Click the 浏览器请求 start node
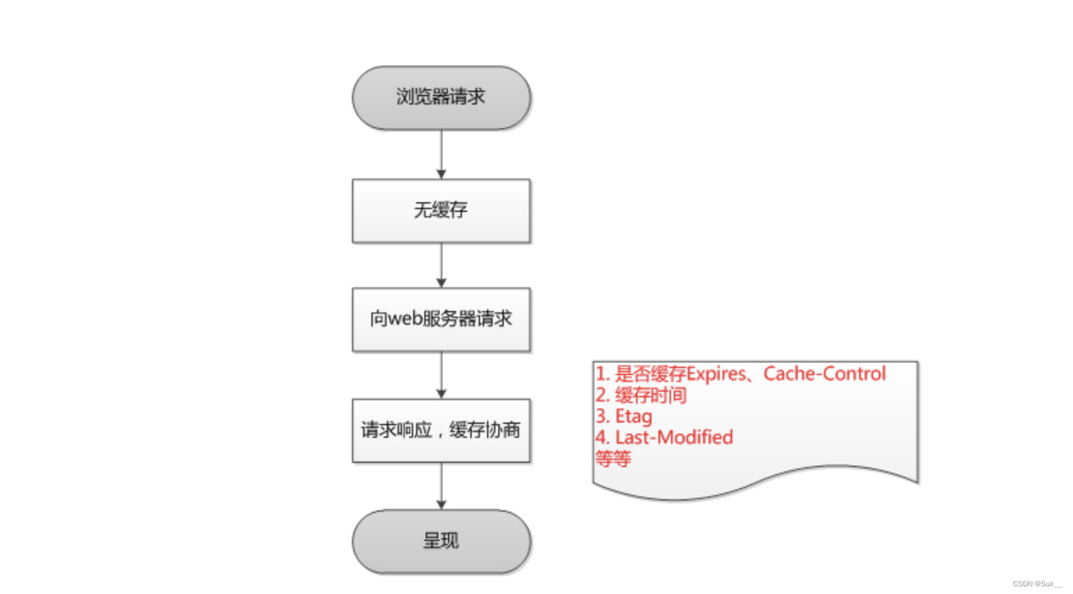click(x=441, y=98)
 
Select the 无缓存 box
click(x=441, y=211)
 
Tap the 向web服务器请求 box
click(x=441, y=319)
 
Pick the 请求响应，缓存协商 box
click(x=441, y=430)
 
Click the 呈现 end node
click(x=441, y=541)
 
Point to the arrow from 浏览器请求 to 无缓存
click(x=441, y=154)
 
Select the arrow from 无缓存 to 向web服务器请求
click(x=441, y=265)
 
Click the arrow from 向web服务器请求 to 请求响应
click(x=441, y=375)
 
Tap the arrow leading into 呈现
click(x=441, y=486)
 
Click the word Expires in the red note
click(x=716, y=374)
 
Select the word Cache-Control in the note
click(x=824, y=374)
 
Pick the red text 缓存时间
click(x=651, y=395)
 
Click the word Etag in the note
click(x=634, y=416)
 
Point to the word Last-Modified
click(x=674, y=437)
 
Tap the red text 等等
click(x=613, y=459)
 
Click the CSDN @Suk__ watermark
click(x=1037, y=584)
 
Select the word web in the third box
click(x=405, y=319)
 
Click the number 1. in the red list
click(x=602, y=374)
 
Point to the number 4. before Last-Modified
click(x=602, y=437)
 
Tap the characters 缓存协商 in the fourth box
click(x=485, y=430)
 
